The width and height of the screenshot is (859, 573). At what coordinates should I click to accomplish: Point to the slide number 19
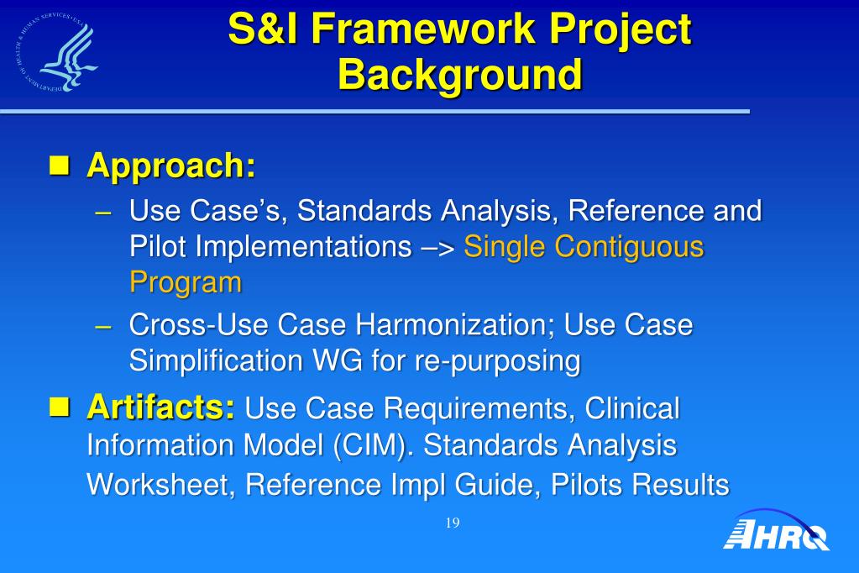(453, 523)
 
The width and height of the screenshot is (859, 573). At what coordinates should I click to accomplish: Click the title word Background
(459, 74)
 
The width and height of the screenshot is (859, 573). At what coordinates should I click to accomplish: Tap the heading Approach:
(171, 165)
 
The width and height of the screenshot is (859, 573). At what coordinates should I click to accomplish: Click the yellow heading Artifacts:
(161, 407)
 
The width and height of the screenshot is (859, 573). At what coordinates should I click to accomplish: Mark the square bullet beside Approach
(60, 165)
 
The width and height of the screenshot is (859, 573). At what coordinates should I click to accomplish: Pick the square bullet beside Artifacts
(60, 407)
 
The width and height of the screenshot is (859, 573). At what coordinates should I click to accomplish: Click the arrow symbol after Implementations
(438, 247)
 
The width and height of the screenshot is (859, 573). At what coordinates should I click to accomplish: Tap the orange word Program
(186, 283)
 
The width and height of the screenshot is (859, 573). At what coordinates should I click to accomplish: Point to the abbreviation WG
(338, 360)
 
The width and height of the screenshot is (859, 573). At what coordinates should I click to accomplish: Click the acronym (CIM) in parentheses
(373, 444)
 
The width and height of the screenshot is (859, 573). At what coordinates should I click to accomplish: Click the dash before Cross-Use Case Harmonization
(103, 326)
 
